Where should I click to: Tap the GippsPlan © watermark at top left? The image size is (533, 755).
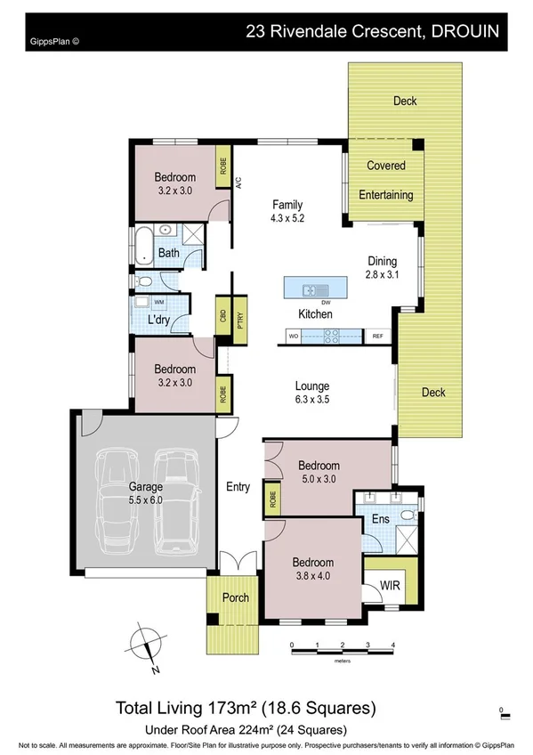click(x=55, y=40)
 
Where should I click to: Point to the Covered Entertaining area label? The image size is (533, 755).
click(x=385, y=180)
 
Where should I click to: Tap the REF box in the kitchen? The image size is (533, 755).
click(x=377, y=336)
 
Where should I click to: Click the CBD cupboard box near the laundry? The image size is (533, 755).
click(x=222, y=319)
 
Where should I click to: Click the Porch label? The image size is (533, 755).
click(x=236, y=597)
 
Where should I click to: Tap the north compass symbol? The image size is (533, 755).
click(x=142, y=648)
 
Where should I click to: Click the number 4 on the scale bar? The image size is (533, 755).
click(x=392, y=645)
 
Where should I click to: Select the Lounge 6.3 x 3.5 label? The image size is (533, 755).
click(x=312, y=393)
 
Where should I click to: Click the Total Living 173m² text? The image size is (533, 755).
click(x=246, y=709)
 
